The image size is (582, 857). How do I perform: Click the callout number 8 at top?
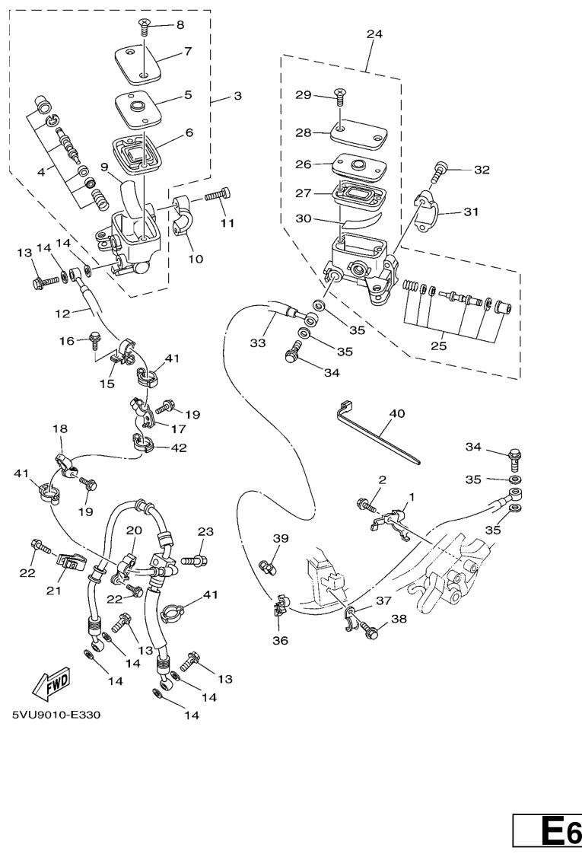pyautogui.click(x=180, y=24)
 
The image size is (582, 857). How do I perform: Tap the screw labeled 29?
pyautogui.click(x=339, y=97)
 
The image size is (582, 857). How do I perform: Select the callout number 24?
pyautogui.click(x=374, y=34)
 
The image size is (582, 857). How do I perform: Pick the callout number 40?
pyautogui.click(x=396, y=413)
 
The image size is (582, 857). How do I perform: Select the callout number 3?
pyautogui.click(x=237, y=97)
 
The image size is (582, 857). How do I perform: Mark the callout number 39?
pyautogui.click(x=281, y=538)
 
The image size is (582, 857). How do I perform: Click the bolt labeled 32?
pyautogui.click(x=441, y=171)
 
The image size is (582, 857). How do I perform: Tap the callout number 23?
pyautogui.click(x=205, y=532)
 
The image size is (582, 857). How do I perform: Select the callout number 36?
pyautogui.click(x=280, y=640)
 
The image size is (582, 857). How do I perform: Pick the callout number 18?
pyautogui.click(x=59, y=430)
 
